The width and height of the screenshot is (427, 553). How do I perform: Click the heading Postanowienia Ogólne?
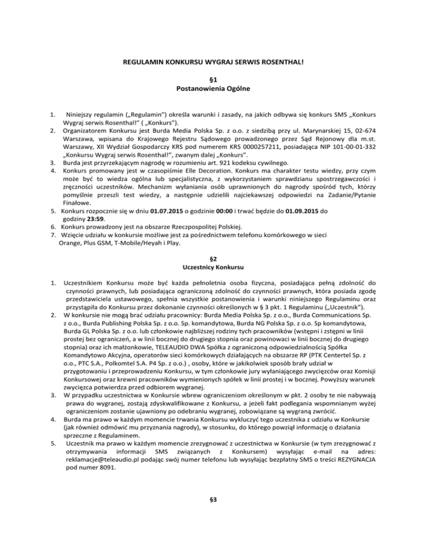coord(213,88)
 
